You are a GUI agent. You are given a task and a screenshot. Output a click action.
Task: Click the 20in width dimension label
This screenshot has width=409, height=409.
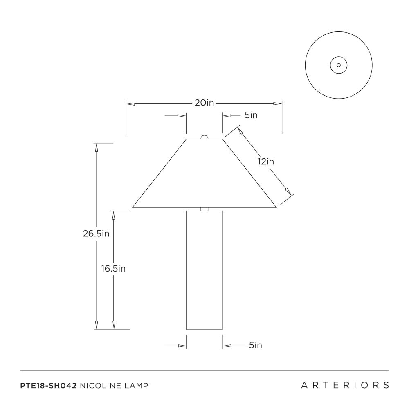[204, 103]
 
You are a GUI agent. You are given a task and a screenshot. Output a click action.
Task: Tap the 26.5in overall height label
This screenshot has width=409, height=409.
[96, 234]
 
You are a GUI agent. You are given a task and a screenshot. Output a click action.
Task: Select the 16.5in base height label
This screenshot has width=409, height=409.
[113, 268]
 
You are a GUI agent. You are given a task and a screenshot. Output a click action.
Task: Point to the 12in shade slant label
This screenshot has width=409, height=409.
[266, 162]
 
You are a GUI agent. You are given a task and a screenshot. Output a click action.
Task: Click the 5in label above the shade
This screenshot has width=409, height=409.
[251, 115]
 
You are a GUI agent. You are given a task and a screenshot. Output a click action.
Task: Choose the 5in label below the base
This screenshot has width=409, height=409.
[255, 345]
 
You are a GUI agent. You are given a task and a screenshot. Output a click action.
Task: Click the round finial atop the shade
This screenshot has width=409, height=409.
[204, 137]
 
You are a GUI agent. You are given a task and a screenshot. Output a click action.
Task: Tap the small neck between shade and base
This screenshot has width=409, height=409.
[204, 209]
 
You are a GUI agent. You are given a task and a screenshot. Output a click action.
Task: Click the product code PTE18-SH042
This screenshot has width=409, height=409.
[48, 386]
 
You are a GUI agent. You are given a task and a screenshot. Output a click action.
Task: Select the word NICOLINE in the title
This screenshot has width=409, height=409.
[101, 386]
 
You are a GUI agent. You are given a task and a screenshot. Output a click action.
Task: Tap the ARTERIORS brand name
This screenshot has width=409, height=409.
[345, 385]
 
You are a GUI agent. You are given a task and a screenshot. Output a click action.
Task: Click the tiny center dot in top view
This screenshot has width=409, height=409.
[339, 65]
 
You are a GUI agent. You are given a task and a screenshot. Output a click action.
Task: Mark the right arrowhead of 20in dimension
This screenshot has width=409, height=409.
[278, 103]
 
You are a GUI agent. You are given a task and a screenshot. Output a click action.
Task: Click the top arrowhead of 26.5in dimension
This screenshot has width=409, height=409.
[97, 148]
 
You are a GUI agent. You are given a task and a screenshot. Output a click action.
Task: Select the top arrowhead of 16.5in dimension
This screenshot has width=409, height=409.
[113, 215]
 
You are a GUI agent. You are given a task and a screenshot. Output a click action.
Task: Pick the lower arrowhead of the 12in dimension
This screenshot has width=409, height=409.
[288, 191]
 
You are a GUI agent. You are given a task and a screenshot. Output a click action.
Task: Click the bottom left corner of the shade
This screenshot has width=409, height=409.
[133, 207]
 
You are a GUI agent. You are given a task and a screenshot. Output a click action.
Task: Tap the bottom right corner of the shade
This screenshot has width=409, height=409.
[276, 207]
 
